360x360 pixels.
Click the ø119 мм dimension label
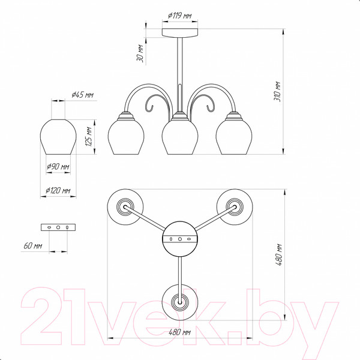[179, 16]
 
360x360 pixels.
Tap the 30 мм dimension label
[140, 53]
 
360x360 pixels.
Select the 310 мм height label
[277, 91]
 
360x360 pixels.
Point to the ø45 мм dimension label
[82, 95]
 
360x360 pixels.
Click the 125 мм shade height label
[89, 137]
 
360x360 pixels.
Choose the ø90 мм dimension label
[58, 166]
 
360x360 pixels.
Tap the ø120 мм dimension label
[58, 190]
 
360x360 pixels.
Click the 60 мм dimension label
[33, 245]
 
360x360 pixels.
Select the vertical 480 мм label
[278, 255]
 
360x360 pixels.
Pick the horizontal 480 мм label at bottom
[179, 332]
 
